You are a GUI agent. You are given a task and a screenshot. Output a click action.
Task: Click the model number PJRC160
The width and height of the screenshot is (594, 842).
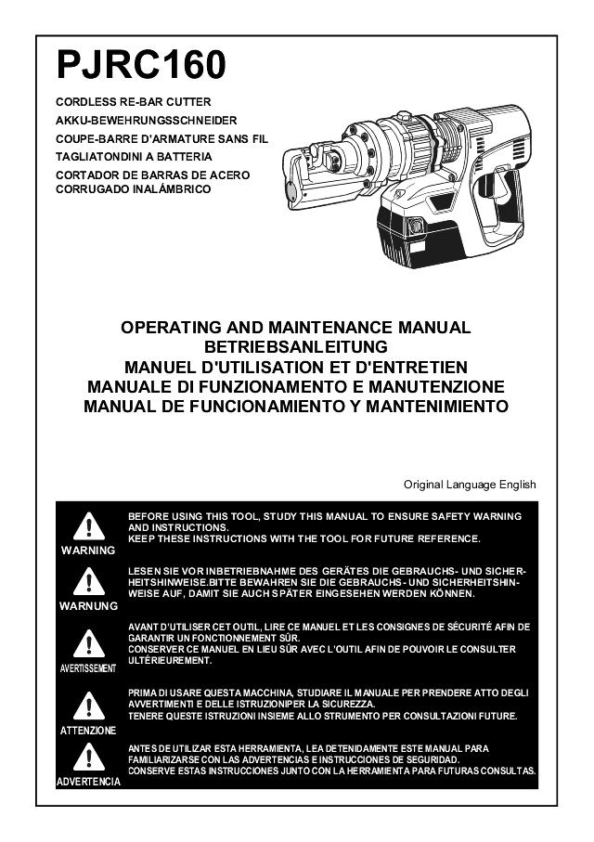(x=141, y=66)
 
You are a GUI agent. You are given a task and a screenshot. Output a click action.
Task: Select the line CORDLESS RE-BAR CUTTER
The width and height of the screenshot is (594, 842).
(x=135, y=101)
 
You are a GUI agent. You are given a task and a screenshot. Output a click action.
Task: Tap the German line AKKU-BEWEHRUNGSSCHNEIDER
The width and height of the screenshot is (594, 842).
(x=147, y=121)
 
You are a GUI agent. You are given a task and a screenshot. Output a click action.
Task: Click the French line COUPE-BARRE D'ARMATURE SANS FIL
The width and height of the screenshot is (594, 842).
(x=161, y=138)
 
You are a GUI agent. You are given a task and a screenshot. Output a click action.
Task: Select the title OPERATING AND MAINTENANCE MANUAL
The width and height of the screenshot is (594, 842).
(x=296, y=328)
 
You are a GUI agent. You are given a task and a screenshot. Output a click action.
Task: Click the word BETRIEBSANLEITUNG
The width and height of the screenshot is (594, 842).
(x=296, y=347)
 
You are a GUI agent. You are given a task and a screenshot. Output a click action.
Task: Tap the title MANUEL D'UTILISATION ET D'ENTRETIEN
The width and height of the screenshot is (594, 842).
(x=296, y=367)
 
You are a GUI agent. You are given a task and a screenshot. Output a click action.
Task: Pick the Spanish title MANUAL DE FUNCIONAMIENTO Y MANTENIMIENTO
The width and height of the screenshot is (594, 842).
(x=296, y=407)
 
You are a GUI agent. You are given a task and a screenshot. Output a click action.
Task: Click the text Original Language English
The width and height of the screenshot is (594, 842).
(x=470, y=485)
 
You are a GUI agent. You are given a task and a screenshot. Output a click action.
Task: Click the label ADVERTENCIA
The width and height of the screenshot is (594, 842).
(x=88, y=783)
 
